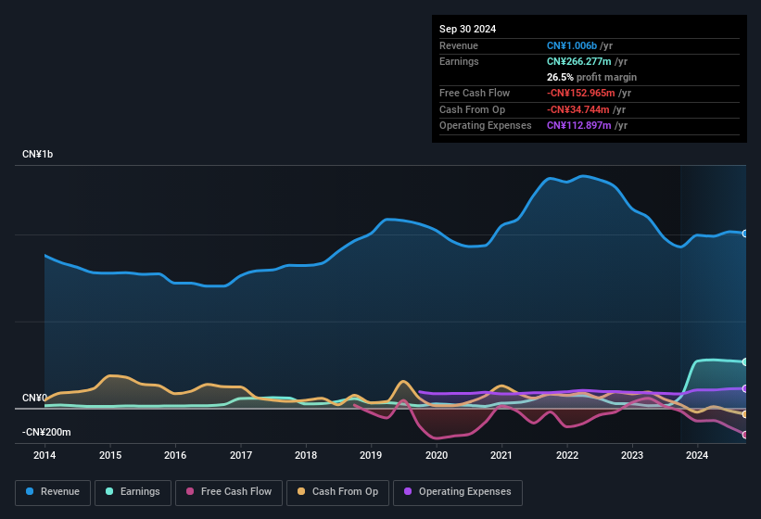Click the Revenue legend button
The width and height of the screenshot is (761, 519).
point(54,492)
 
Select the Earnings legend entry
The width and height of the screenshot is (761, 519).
point(132,492)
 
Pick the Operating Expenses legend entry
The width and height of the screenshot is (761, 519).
point(457,492)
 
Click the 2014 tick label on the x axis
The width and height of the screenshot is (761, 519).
point(44,455)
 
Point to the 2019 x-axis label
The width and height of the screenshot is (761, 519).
point(371,455)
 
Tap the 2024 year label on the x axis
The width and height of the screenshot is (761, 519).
point(697,455)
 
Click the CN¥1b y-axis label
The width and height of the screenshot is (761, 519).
point(38,154)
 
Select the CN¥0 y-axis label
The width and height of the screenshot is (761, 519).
point(34,398)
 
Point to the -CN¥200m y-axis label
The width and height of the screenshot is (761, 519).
point(46,432)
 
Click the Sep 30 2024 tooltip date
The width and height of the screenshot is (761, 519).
point(467,29)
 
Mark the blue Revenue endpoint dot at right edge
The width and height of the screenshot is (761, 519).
point(745,234)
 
